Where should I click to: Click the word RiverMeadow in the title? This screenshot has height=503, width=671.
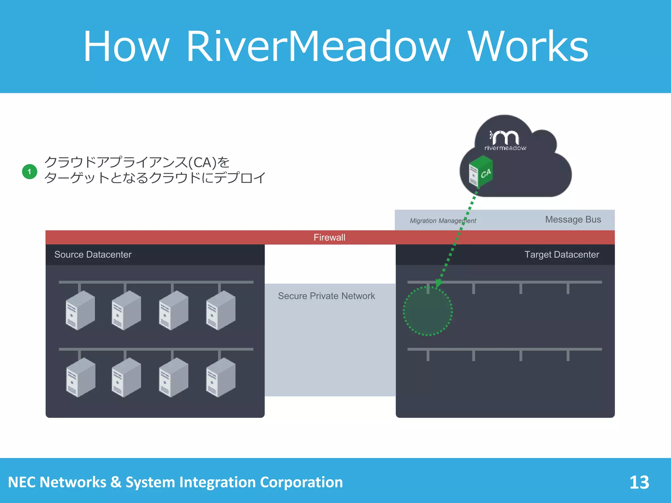(318, 47)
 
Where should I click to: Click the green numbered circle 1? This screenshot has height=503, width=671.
(29, 172)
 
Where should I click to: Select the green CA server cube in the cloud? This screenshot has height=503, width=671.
(481, 172)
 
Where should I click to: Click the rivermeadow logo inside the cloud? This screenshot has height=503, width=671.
(505, 140)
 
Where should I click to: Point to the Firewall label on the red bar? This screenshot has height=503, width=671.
(329, 237)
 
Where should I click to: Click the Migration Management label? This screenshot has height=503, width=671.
(443, 221)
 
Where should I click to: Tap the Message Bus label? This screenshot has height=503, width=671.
(573, 219)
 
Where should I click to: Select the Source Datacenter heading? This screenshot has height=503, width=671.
(93, 254)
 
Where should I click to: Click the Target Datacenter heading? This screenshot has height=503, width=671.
(562, 254)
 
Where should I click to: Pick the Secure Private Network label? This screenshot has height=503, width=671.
(326, 296)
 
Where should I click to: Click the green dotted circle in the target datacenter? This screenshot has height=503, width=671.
(428, 311)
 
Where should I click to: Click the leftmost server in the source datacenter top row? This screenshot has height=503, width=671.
(80, 310)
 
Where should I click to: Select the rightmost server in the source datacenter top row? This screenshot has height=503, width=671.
(220, 310)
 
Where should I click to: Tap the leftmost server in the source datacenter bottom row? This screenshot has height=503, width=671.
(80, 377)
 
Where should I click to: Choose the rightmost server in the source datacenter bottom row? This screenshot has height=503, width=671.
(220, 377)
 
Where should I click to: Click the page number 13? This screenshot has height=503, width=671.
(639, 482)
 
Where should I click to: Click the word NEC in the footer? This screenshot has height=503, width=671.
(22, 482)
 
